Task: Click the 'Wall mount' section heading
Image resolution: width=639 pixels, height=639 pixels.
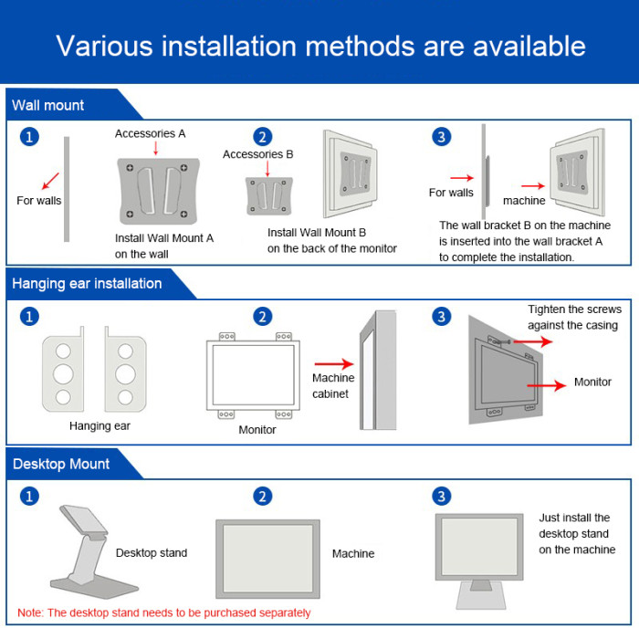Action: pyautogui.click(x=48, y=105)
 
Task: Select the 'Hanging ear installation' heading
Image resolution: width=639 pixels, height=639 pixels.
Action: pyautogui.click(x=87, y=283)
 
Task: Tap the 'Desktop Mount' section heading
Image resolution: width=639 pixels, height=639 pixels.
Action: pyautogui.click(x=61, y=464)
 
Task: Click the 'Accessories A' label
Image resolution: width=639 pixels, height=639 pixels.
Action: pyautogui.click(x=150, y=133)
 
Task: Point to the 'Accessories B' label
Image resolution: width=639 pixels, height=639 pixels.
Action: pyautogui.click(x=257, y=154)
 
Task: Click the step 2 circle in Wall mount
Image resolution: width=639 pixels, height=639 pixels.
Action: pyautogui.click(x=263, y=137)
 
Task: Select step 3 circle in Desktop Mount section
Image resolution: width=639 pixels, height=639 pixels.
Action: pyautogui.click(x=442, y=497)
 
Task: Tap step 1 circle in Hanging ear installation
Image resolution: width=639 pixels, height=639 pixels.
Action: pyautogui.click(x=30, y=317)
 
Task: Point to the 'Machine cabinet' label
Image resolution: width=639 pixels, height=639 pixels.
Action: pyautogui.click(x=333, y=386)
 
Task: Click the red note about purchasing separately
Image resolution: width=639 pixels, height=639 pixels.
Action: pyautogui.click(x=164, y=613)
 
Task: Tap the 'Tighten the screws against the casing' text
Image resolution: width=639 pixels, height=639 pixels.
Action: pyautogui.click(x=572, y=317)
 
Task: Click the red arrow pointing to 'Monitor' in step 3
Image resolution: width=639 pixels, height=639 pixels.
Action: pyautogui.click(x=546, y=386)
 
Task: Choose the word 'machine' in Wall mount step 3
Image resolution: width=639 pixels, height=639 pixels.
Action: pyautogui.click(x=524, y=200)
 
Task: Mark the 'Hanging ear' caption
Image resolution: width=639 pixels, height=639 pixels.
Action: pyautogui.click(x=100, y=425)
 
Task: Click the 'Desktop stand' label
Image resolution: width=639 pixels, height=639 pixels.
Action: pyautogui.click(x=152, y=552)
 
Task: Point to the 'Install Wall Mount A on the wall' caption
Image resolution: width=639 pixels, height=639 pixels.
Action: pyautogui.click(x=164, y=246)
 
